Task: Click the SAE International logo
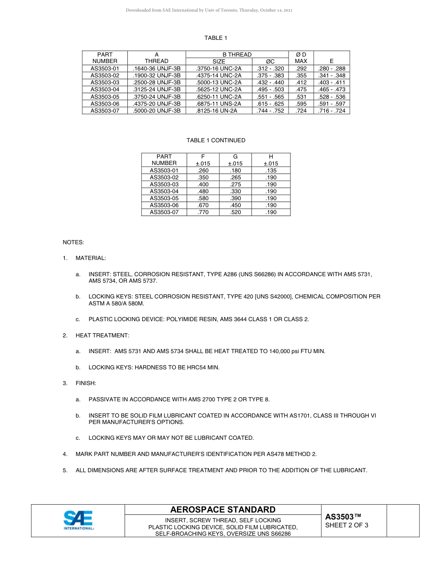tap(78, 520)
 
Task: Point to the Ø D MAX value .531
tap(301, 97)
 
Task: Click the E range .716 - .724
tap(332, 111)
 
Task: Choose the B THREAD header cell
tap(237, 54)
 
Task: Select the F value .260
tap(203, 171)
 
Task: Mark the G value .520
tap(235, 212)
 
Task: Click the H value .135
tap(271, 171)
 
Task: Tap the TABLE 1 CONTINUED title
tap(216, 140)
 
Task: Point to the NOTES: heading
tap(74, 242)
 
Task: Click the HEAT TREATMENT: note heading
tap(102, 335)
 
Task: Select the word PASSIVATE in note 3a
tap(103, 399)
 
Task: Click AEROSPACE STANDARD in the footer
tap(223, 510)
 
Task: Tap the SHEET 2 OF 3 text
tap(347, 525)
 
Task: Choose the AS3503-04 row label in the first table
tap(105, 89)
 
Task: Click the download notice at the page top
tap(209, 10)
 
